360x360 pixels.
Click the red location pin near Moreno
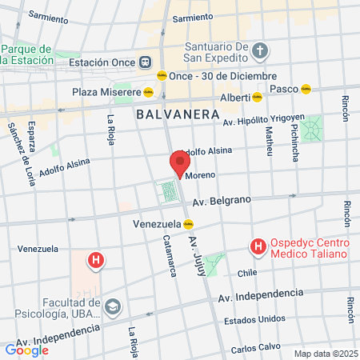(x=178, y=164)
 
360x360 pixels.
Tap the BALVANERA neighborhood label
(x=178, y=114)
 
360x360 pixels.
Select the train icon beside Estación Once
(x=146, y=62)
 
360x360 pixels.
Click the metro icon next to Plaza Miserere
(x=149, y=91)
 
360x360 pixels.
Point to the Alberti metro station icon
(x=258, y=98)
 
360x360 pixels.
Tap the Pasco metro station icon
(x=306, y=89)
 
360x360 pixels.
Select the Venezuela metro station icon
(x=188, y=224)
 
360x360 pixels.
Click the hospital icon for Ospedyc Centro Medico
(x=258, y=247)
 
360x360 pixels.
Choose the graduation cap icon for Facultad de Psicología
(x=114, y=306)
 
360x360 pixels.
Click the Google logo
(x=26, y=350)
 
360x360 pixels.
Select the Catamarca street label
(x=170, y=255)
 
